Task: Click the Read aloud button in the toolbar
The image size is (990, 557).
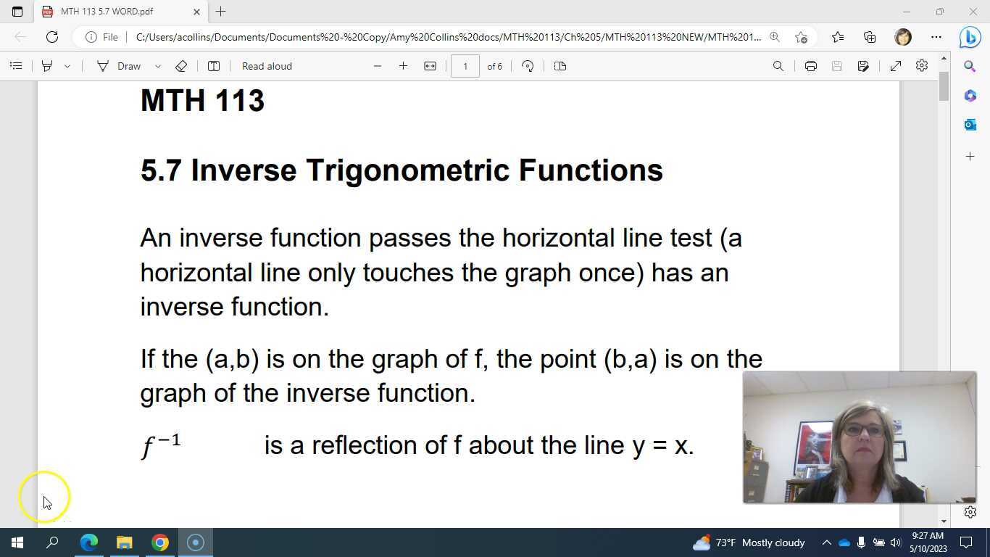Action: point(267,66)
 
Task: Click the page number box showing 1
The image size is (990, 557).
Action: point(465,66)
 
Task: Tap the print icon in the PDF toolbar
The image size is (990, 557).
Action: point(810,66)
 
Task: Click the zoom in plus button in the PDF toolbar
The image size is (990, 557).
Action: point(403,66)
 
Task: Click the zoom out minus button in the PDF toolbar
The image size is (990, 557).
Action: point(377,66)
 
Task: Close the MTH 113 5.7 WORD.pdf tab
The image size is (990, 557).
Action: point(197,12)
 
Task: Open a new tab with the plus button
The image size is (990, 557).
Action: point(221,12)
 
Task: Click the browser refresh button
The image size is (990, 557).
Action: point(52,37)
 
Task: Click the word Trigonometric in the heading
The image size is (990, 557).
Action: point(407,170)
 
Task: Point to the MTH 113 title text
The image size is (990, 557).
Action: point(202,101)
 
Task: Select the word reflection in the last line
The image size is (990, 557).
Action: point(365,445)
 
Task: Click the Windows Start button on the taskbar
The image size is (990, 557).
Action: point(17,542)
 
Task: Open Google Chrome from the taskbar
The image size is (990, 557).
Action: point(159,542)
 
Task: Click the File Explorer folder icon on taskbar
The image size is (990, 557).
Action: point(124,542)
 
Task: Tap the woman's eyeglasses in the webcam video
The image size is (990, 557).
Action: point(862,430)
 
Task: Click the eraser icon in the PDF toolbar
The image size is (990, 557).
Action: point(181,66)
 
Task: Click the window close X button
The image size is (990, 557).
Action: point(973,12)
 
